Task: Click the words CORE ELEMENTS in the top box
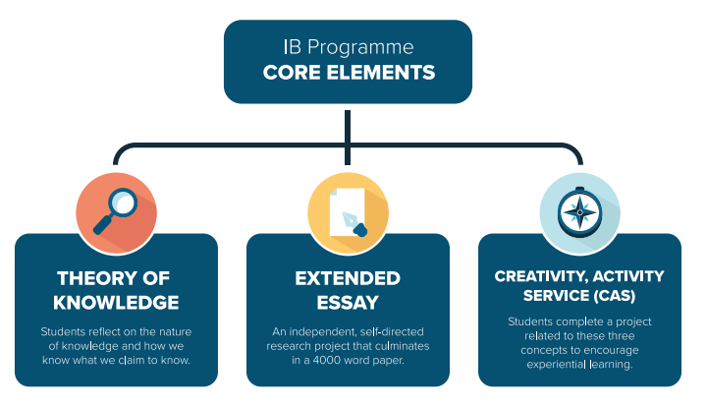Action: pyautogui.click(x=349, y=73)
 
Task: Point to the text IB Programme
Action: pyautogui.click(x=349, y=47)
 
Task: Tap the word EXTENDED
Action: pyautogui.click(x=348, y=278)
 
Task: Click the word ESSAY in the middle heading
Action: pyautogui.click(x=348, y=301)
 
